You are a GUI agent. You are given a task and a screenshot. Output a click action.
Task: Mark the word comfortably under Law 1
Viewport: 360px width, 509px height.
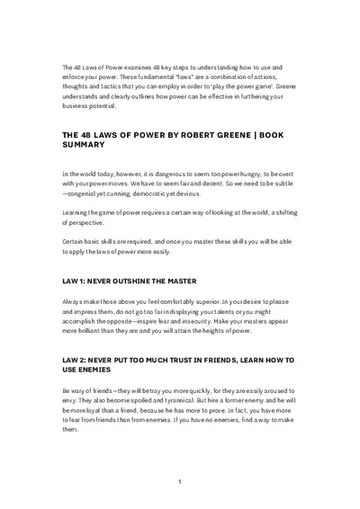coord(181,301)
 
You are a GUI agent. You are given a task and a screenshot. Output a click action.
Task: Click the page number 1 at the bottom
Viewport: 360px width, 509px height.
coord(180,482)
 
